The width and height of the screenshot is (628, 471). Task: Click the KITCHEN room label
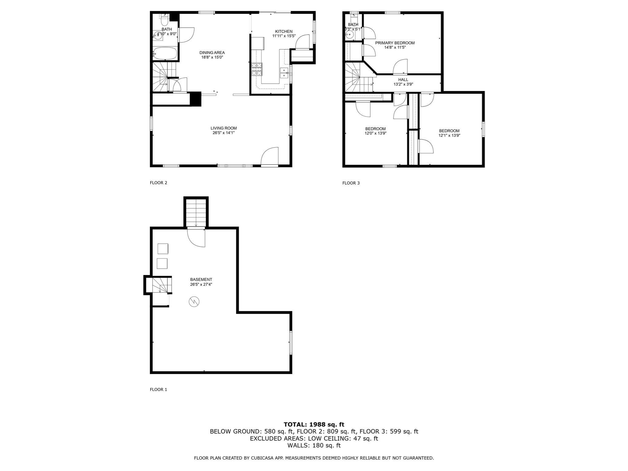(x=284, y=31)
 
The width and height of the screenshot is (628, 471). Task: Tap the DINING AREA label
(x=212, y=52)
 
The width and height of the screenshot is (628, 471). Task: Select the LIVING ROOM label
(x=224, y=128)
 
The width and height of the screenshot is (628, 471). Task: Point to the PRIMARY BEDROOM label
(x=395, y=43)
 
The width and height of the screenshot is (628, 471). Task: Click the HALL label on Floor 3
(x=403, y=80)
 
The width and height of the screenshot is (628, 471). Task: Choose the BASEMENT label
(x=201, y=280)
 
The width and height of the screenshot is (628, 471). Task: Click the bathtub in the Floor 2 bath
(x=165, y=54)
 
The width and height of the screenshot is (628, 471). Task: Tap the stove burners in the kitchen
(x=257, y=69)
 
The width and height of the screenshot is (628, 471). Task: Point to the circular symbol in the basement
(x=194, y=302)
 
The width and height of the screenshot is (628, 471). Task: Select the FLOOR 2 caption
(x=158, y=183)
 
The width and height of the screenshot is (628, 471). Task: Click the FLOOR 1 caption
(x=158, y=389)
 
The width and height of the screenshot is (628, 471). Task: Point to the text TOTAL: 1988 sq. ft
(x=314, y=424)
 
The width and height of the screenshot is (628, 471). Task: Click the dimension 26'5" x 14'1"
(x=224, y=133)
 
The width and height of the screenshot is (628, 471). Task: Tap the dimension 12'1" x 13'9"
(x=449, y=135)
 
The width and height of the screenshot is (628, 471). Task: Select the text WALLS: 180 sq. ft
(x=314, y=445)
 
